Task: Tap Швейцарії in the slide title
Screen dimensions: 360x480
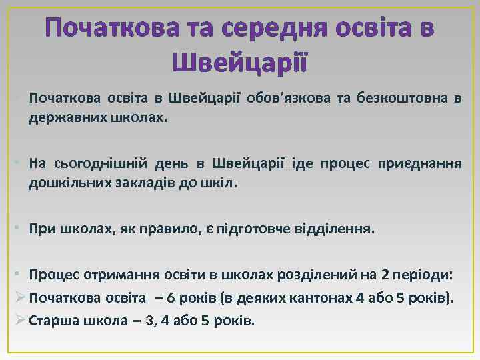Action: point(239,63)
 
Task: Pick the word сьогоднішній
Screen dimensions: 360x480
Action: point(98,163)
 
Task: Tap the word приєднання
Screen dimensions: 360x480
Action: point(419,163)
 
